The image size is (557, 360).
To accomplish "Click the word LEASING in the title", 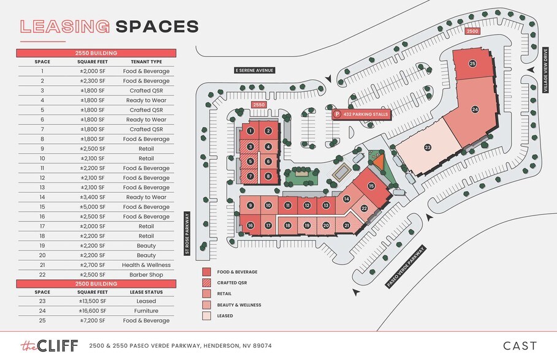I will (65, 26).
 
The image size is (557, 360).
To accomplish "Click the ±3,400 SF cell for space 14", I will (93, 197).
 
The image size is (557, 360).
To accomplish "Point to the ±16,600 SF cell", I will (93, 311).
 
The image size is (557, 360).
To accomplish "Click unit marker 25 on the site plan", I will (472, 63).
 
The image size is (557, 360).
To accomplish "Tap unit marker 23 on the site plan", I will (428, 147).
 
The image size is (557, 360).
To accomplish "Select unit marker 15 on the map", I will (371, 186).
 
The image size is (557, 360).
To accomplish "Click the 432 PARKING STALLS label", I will (361, 114).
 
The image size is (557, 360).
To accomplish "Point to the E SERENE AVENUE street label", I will (255, 70).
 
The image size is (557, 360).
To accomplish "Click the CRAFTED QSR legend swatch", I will (207, 282).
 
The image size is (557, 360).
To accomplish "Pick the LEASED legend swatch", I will (207, 316).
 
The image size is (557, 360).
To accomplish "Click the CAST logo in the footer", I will (520, 346).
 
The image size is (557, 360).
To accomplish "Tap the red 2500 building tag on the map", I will (472, 31).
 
